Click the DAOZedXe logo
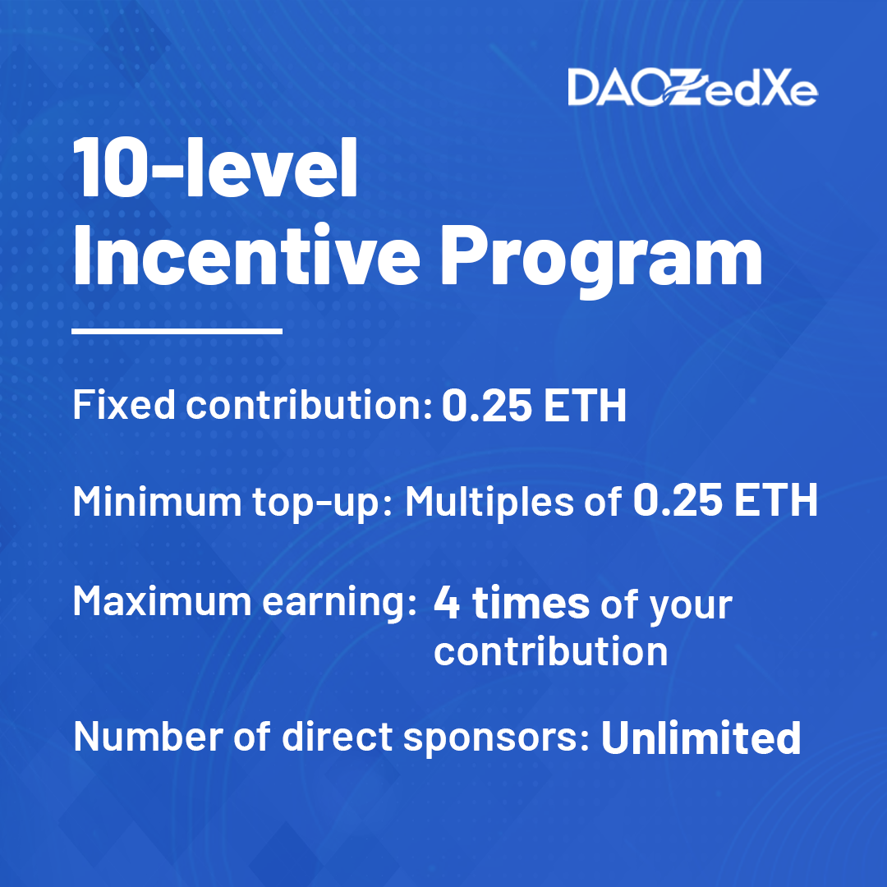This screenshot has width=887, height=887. click(692, 88)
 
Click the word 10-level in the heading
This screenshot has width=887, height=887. click(215, 168)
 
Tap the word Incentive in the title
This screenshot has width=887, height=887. click(246, 255)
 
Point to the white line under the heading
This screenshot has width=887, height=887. click(177, 331)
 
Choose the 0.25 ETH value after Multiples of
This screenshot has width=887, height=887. click(725, 501)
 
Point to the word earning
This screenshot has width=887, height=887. click(339, 603)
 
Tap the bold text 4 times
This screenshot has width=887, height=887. click(512, 604)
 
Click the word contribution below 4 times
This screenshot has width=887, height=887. click(551, 651)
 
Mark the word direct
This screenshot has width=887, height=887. click(338, 736)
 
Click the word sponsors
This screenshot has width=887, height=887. click(497, 738)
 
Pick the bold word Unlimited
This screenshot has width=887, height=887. click(701, 737)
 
